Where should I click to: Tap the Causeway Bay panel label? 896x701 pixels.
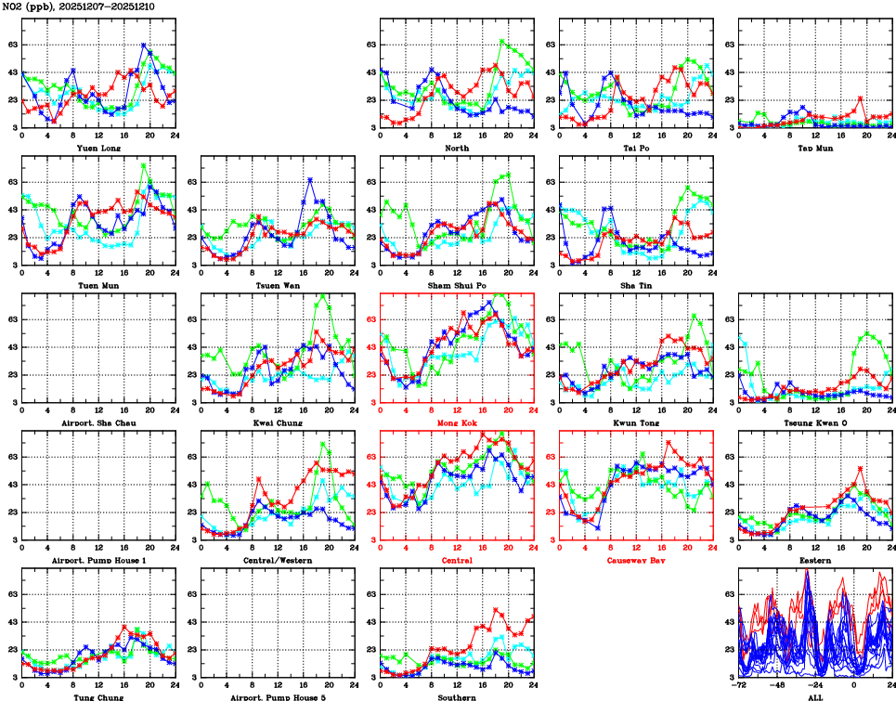coord(635,561)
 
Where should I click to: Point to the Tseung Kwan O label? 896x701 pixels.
coord(815,423)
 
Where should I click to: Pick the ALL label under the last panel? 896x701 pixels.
coord(815,696)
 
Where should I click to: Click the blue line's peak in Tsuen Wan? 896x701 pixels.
coord(310,179)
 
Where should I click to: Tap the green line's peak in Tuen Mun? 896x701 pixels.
coord(143,165)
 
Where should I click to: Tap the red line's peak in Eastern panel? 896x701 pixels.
coord(861,469)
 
